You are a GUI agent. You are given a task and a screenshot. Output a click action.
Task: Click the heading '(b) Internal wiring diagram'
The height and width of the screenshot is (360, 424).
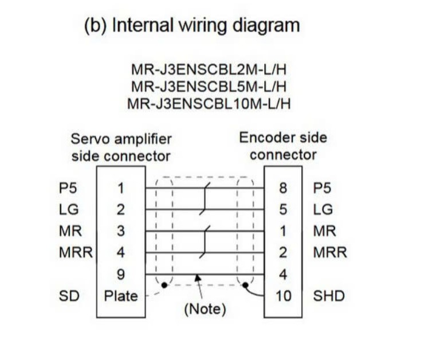(x=192, y=26)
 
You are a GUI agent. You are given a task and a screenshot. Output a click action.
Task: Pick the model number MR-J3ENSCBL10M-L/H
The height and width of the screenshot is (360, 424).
(x=210, y=104)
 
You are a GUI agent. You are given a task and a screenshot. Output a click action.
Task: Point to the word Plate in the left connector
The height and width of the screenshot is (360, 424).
(x=121, y=296)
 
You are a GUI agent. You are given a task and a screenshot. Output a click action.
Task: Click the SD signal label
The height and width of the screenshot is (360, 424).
(x=69, y=296)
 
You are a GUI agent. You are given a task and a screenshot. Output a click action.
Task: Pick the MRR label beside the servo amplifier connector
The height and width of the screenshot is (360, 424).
(x=76, y=253)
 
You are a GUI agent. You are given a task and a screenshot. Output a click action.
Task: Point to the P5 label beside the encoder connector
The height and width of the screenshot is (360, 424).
(x=323, y=187)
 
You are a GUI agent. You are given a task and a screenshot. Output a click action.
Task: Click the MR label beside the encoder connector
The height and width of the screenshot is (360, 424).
(x=324, y=231)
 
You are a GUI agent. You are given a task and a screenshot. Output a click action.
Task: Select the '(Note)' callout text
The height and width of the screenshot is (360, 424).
(x=205, y=310)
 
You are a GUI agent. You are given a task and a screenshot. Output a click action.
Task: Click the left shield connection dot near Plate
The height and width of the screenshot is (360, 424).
(x=164, y=285)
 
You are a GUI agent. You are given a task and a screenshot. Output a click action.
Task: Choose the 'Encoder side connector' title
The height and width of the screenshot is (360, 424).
(x=283, y=146)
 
